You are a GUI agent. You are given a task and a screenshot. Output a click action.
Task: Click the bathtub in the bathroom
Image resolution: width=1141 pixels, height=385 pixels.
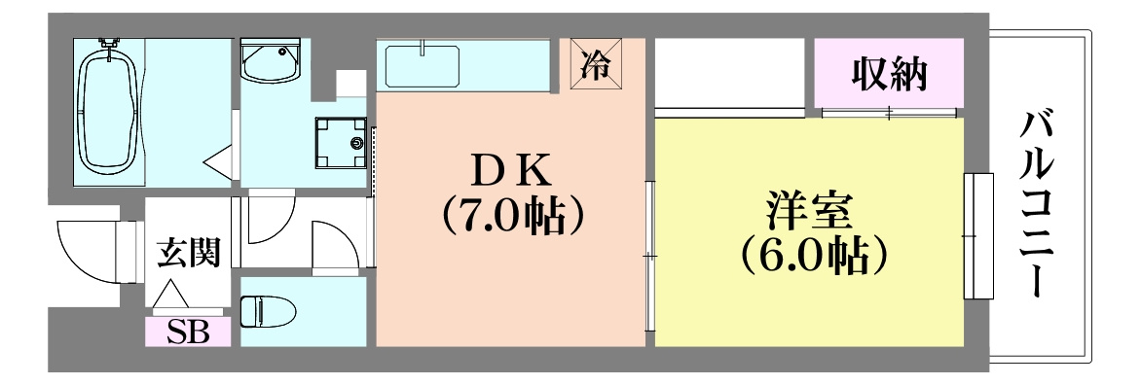click(108, 109)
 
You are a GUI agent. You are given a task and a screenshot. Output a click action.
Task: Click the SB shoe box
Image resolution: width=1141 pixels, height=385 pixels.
click(188, 332)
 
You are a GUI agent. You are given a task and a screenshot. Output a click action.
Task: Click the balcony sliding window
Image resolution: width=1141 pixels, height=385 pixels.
click(977, 236)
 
